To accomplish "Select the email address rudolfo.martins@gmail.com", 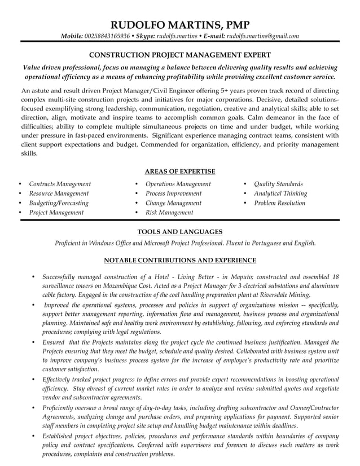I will click(x=262, y=37).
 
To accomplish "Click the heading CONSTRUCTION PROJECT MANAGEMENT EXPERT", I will click(x=180, y=55).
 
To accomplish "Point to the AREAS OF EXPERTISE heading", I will click(x=180, y=172).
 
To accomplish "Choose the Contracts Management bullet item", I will click(x=60, y=184).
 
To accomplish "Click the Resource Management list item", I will click(x=59, y=194).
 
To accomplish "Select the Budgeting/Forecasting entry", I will click(x=59, y=203).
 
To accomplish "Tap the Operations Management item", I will click(x=178, y=184).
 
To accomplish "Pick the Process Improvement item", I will click(x=176, y=194).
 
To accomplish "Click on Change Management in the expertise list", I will click(x=173, y=203).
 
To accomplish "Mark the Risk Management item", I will click(x=169, y=213).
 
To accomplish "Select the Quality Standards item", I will click(x=278, y=184).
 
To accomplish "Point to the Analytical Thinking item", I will click(x=280, y=194).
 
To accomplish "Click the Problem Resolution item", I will click(x=279, y=203).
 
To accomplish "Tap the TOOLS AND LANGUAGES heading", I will click(x=180, y=231).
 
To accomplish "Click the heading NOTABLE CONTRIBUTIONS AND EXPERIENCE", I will click(x=180, y=260).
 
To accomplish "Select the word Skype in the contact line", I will click(x=145, y=37).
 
